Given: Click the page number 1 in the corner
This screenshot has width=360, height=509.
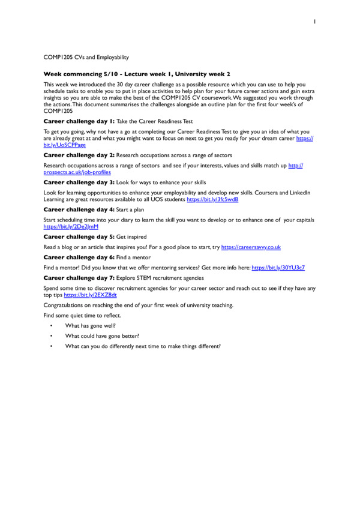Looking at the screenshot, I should (314, 22).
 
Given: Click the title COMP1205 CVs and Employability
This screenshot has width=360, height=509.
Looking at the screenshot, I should (86, 58).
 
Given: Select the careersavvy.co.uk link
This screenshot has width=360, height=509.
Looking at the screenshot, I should (251, 247).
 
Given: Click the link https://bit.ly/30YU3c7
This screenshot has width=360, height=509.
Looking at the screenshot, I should (278, 267).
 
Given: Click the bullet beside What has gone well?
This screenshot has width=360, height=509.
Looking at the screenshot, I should (52, 326).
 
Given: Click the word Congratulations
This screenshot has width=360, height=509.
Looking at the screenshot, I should (64, 305).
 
